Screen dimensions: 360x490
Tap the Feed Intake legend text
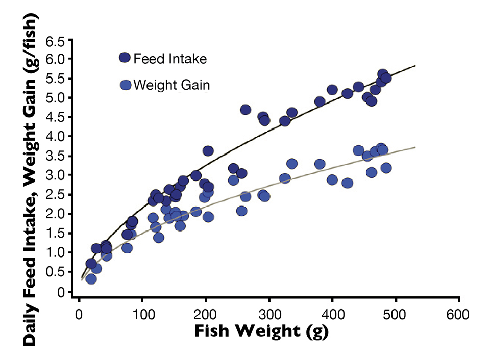(x=170, y=58)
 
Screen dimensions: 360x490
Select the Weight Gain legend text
(x=171, y=85)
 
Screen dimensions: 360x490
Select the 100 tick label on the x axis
(x=142, y=312)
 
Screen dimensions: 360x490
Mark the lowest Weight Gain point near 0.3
(x=91, y=279)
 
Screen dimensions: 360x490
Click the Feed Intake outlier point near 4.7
(x=246, y=110)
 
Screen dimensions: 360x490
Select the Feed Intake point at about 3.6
(x=208, y=151)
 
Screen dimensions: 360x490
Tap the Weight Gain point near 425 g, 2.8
(x=348, y=183)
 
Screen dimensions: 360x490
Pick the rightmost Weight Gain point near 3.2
(x=386, y=168)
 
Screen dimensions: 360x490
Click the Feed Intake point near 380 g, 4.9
(x=320, y=101)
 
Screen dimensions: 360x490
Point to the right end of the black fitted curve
(x=415, y=66)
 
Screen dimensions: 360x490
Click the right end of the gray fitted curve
(x=415, y=147)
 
